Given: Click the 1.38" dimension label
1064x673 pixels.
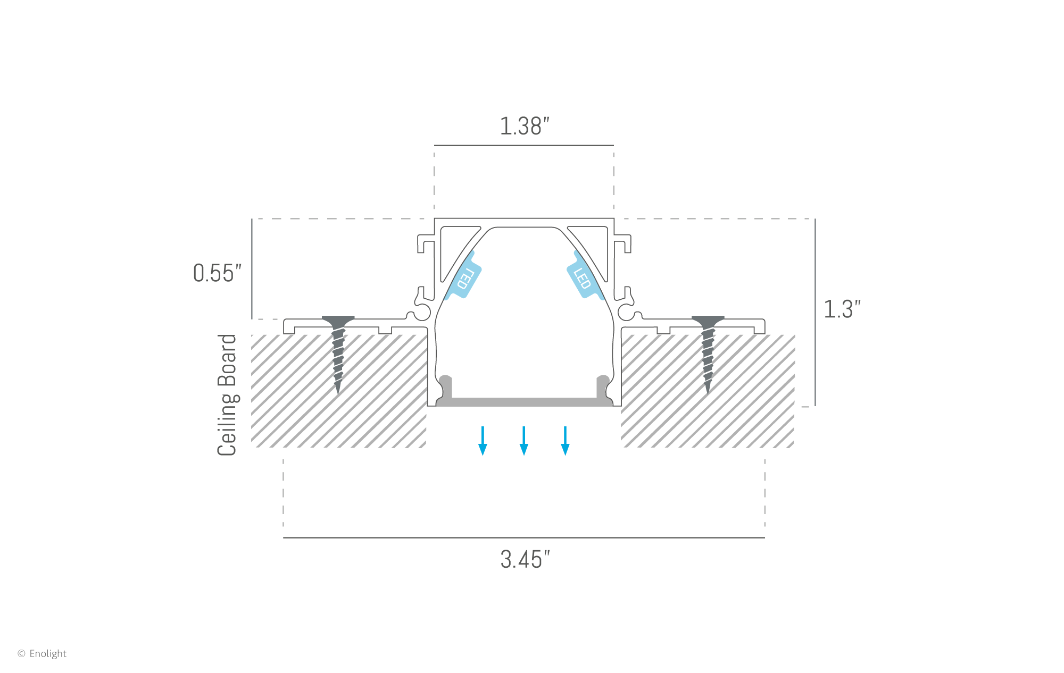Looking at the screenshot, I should coord(524,127).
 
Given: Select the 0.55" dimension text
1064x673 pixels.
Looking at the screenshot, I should coord(217,273).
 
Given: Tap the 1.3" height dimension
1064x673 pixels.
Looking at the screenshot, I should coord(842,309).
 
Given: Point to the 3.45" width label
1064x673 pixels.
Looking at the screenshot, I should coord(525,560).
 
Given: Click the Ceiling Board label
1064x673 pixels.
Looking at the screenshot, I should coord(227,394).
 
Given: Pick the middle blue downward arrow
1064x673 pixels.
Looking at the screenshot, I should coord(524,441).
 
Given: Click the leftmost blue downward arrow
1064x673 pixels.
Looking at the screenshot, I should coord(483,441).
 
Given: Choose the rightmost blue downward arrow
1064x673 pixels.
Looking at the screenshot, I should coord(565,441).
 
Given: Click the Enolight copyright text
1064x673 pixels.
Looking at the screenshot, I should coord(43,653).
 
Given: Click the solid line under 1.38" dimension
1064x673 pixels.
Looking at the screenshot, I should coord(524,145).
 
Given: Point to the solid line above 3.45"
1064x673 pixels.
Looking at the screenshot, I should coord(524,537).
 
